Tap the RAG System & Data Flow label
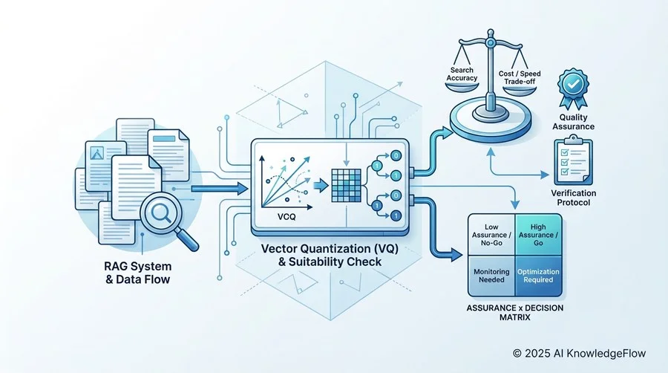[137, 273]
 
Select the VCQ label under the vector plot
[286, 217]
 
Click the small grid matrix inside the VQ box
[346, 186]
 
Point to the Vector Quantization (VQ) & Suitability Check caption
[330, 255]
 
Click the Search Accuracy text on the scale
[462, 74]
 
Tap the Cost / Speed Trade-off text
[520, 77]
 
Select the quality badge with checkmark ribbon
[574, 88]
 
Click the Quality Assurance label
[574, 122]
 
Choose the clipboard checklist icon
[573, 160]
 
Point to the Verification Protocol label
[574, 198]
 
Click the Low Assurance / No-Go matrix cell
[491, 235]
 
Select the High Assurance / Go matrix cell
[539, 235]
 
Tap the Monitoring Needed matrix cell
[491, 276]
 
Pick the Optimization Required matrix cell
[539, 276]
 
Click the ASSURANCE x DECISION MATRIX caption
[515, 313]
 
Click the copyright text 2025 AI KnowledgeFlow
[580, 354]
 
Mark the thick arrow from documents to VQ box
[220, 188]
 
